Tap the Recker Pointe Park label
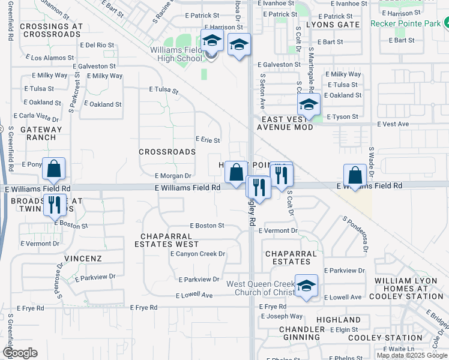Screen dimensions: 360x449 pyautogui.click(x=406, y=23)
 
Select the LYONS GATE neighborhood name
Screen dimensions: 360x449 pyautogui.click(x=333, y=25)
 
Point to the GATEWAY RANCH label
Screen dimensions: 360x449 pyautogui.click(x=41, y=133)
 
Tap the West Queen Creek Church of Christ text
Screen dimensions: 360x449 pyautogui.click(x=260, y=288)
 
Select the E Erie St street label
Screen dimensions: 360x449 pyautogui.click(x=208, y=140)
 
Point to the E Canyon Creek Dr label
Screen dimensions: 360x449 pyautogui.click(x=197, y=254)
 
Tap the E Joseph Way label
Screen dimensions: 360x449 pyautogui.click(x=281, y=316)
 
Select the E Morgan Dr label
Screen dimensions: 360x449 pyautogui.click(x=173, y=176)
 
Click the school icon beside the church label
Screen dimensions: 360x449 pyautogui.click(x=306, y=286)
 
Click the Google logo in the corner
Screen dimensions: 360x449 pyautogui.click(x=20, y=353)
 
